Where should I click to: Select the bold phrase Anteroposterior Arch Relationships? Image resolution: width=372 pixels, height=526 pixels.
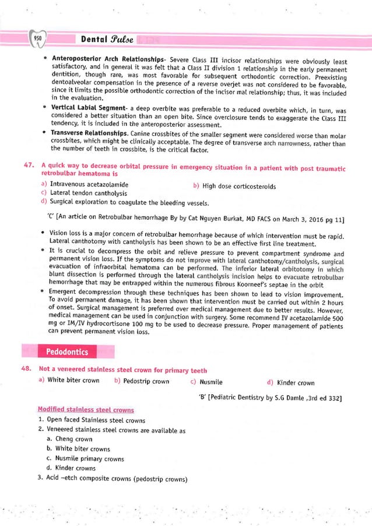tap(107, 60)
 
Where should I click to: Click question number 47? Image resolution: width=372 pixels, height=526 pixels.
tap(27, 168)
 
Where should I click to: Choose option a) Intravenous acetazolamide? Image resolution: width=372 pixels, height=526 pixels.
tap(85, 185)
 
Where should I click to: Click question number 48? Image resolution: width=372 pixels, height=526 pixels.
tap(27, 370)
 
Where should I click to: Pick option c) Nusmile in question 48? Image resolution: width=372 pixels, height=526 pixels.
tap(206, 383)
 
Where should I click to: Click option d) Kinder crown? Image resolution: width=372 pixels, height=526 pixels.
tap(290, 383)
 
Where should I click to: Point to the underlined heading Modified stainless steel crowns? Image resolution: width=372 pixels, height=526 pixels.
tap(85, 410)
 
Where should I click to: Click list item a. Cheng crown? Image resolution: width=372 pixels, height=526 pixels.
tap(69, 439)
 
